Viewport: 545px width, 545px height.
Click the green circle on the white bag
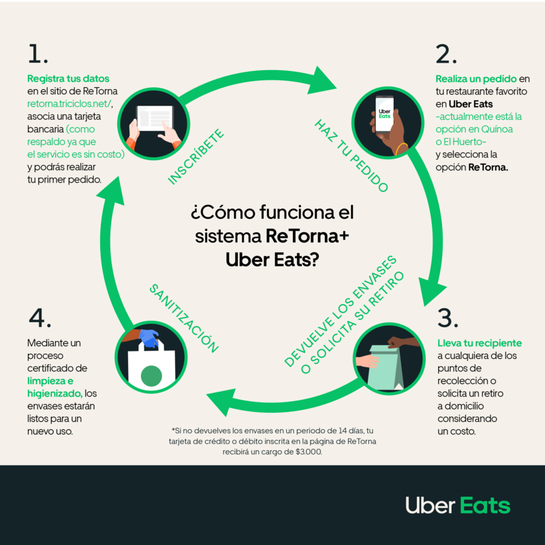pos(151,376)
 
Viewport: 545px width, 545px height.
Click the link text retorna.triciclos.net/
pos(69,103)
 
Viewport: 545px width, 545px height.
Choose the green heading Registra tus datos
pos(68,78)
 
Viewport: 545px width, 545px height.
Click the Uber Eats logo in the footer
pos(457,505)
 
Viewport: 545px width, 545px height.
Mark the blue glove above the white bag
pos(149,338)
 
